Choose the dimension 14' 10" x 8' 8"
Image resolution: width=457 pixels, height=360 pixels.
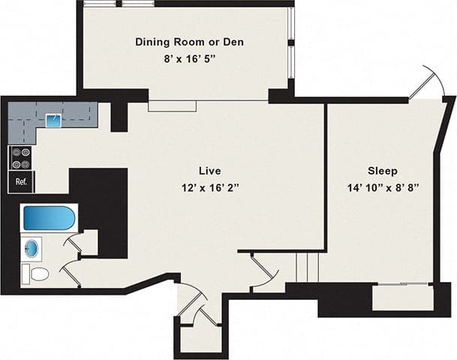tap(382, 186)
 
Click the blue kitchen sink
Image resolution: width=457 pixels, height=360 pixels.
tap(53, 118)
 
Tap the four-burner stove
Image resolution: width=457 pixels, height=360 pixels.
tap(20, 159)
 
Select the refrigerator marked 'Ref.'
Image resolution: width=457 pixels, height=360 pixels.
tap(20, 181)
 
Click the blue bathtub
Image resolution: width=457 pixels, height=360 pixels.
tap(49, 218)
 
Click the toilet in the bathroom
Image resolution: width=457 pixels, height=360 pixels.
tap(37, 274)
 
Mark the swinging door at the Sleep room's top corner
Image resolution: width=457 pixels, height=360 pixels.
tap(423, 83)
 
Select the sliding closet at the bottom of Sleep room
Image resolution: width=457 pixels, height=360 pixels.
tap(403, 285)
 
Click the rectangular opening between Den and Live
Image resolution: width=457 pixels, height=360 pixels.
tap(172, 106)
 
